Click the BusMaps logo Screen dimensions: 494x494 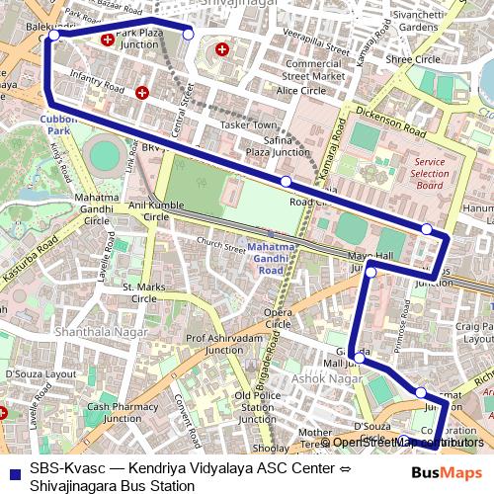pyautogui.click(x=446, y=473)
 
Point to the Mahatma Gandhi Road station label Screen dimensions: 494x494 pyautogui.click(x=264, y=258)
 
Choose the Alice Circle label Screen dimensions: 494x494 pyautogui.click(x=300, y=90)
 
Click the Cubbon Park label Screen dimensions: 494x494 pyautogui.click(x=58, y=123)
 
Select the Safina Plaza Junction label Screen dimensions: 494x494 pyautogui.click(x=272, y=146)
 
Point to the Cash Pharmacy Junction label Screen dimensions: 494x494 pyautogui.click(x=122, y=412)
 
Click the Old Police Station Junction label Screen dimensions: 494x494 pyautogui.click(x=258, y=407)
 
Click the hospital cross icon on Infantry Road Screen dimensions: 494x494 pyautogui.click(x=143, y=94)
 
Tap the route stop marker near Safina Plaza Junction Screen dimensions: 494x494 pyautogui.click(x=286, y=182)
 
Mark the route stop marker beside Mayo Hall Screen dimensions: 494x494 pyautogui.click(x=371, y=271)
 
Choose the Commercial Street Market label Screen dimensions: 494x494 pyautogui.click(x=313, y=69)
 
